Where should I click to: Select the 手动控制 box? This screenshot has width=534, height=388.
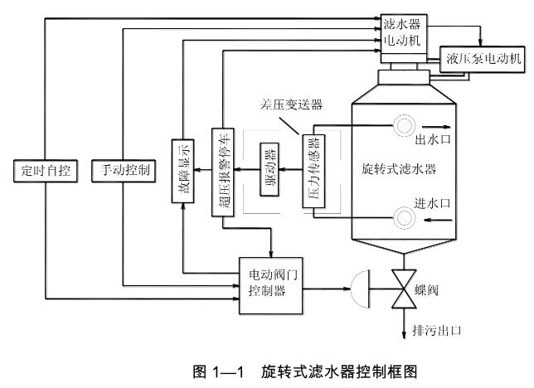pyautogui.click(x=120, y=171)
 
